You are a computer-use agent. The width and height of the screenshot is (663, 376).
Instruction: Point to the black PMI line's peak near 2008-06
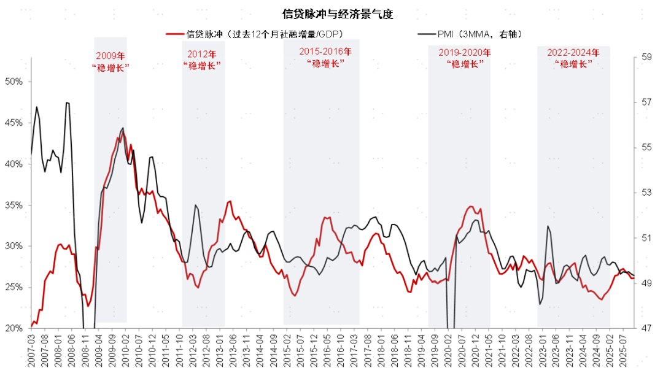pyautogui.click(x=68, y=103)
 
